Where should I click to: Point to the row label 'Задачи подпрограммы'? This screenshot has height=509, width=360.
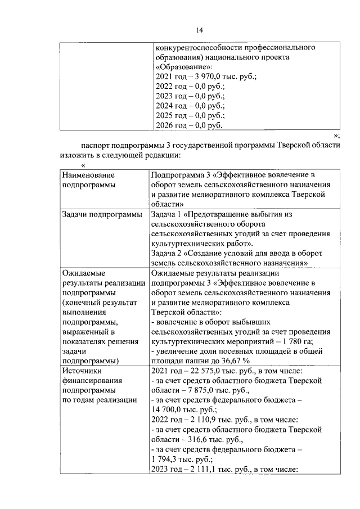coord(102,214)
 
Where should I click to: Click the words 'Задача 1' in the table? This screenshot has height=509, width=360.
coord(166,214)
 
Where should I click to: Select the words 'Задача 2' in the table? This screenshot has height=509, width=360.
coord(166,253)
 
